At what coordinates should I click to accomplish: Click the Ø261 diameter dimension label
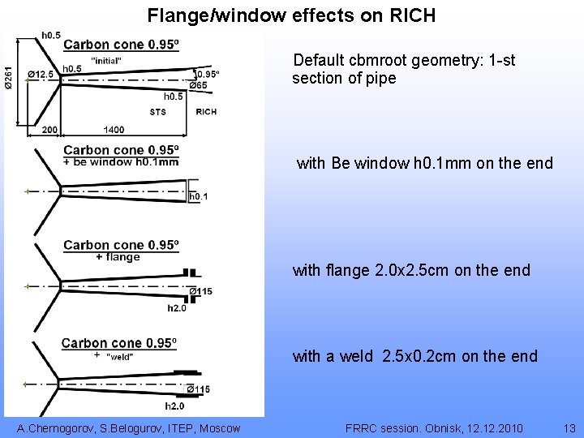pyautogui.click(x=8, y=76)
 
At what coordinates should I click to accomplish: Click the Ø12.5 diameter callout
pyautogui.click(x=41, y=75)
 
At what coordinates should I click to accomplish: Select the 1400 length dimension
pyautogui.click(x=114, y=130)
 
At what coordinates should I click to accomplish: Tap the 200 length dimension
pyautogui.click(x=50, y=130)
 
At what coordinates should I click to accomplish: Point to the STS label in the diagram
pyautogui.click(x=158, y=112)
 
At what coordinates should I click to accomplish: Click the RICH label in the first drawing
pyautogui.click(x=206, y=112)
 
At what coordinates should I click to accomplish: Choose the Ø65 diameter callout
pyautogui.click(x=198, y=85)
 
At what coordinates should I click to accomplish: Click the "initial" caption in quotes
pyautogui.click(x=106, y=60)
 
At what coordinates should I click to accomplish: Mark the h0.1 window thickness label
pyautogui.click(x=199, y=196)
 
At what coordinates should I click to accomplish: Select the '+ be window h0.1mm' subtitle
pyautogui.click(x=121, y=161)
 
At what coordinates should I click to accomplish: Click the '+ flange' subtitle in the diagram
pyautogui.click(x=118, y=257)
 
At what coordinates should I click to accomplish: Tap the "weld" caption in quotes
pyautogui.click(x=120, y=356)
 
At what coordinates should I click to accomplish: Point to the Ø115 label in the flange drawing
pyautogui.click(x=200, y=292)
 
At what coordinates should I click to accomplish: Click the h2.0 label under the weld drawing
pyautogui.click(x=174, y=406)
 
